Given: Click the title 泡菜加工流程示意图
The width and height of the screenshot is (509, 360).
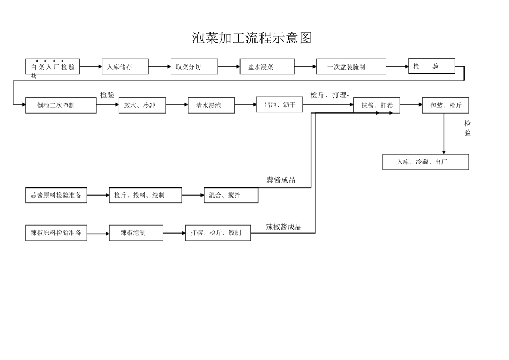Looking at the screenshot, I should [x=252, y=38].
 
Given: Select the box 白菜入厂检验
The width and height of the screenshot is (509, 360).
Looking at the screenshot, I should [x=53, y=67].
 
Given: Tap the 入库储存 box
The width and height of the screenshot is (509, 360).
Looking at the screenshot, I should [x=125, y=67].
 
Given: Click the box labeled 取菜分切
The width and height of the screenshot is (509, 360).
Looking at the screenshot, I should [x=194, y=67].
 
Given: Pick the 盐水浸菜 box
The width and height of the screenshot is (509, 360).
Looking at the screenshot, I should [x=267, y=67].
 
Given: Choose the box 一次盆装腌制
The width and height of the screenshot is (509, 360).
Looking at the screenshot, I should [x=351, y=67].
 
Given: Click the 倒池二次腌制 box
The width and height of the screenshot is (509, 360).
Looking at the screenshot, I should [x=61, y=106].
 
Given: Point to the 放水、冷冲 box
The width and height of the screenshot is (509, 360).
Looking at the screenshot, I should [x=142, y=106].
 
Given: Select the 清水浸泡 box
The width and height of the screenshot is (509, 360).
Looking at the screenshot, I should [x=212, y=106].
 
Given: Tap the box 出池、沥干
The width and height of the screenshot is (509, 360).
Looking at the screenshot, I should [x=279, y=105].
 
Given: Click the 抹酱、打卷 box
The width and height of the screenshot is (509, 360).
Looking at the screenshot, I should [x=377, y=106].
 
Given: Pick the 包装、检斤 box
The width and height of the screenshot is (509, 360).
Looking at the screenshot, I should [x=445, y=106].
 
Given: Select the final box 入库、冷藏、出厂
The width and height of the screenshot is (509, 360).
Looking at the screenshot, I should [x=425, y=162].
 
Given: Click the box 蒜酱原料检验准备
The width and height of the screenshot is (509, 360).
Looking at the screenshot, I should [x=56, y=196].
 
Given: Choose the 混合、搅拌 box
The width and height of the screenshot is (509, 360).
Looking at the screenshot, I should [x=231, y=196].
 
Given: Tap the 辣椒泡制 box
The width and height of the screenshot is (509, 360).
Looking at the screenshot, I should [x=136, y=232].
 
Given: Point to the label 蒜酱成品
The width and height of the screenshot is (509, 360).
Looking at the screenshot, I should [x=281, y=180].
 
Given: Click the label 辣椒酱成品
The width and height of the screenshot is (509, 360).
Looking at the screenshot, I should [x=283, y=227].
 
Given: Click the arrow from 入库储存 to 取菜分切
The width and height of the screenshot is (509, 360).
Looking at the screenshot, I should [x=160, y=67].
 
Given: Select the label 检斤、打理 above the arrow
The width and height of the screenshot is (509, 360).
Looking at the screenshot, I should [x=329, y=95].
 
